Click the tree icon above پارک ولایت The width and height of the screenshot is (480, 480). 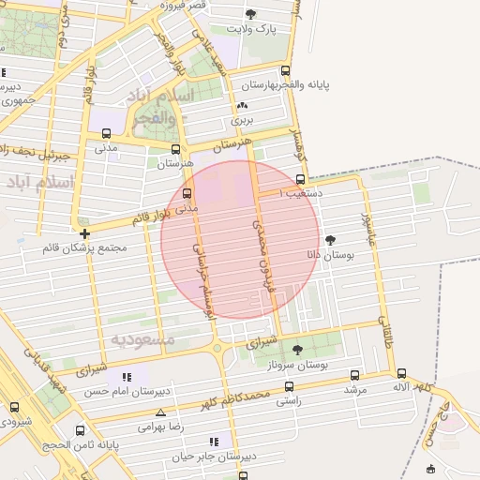tap(250, 13)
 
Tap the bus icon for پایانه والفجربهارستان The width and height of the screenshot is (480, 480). tap(286, 70)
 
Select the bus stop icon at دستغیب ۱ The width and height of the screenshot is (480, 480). tap(300, 179)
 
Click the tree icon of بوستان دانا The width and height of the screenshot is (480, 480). tap(330, 240)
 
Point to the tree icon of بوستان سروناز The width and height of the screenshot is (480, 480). tap(298, 350)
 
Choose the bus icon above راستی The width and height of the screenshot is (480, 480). tap(289, 386)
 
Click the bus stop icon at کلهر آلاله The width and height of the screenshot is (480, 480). tap(402, 373)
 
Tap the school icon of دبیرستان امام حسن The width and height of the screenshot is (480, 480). tap(127, 377)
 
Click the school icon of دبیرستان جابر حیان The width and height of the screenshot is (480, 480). tap(215, 441)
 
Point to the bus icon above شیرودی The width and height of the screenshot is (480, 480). tap(14, 407)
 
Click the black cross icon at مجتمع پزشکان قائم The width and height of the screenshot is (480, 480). tap(84, 233)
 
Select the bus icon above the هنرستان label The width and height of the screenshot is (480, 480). tap(175, 148)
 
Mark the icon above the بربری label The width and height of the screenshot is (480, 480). tap(244, 106)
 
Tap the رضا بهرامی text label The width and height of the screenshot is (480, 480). tap(160, 427)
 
